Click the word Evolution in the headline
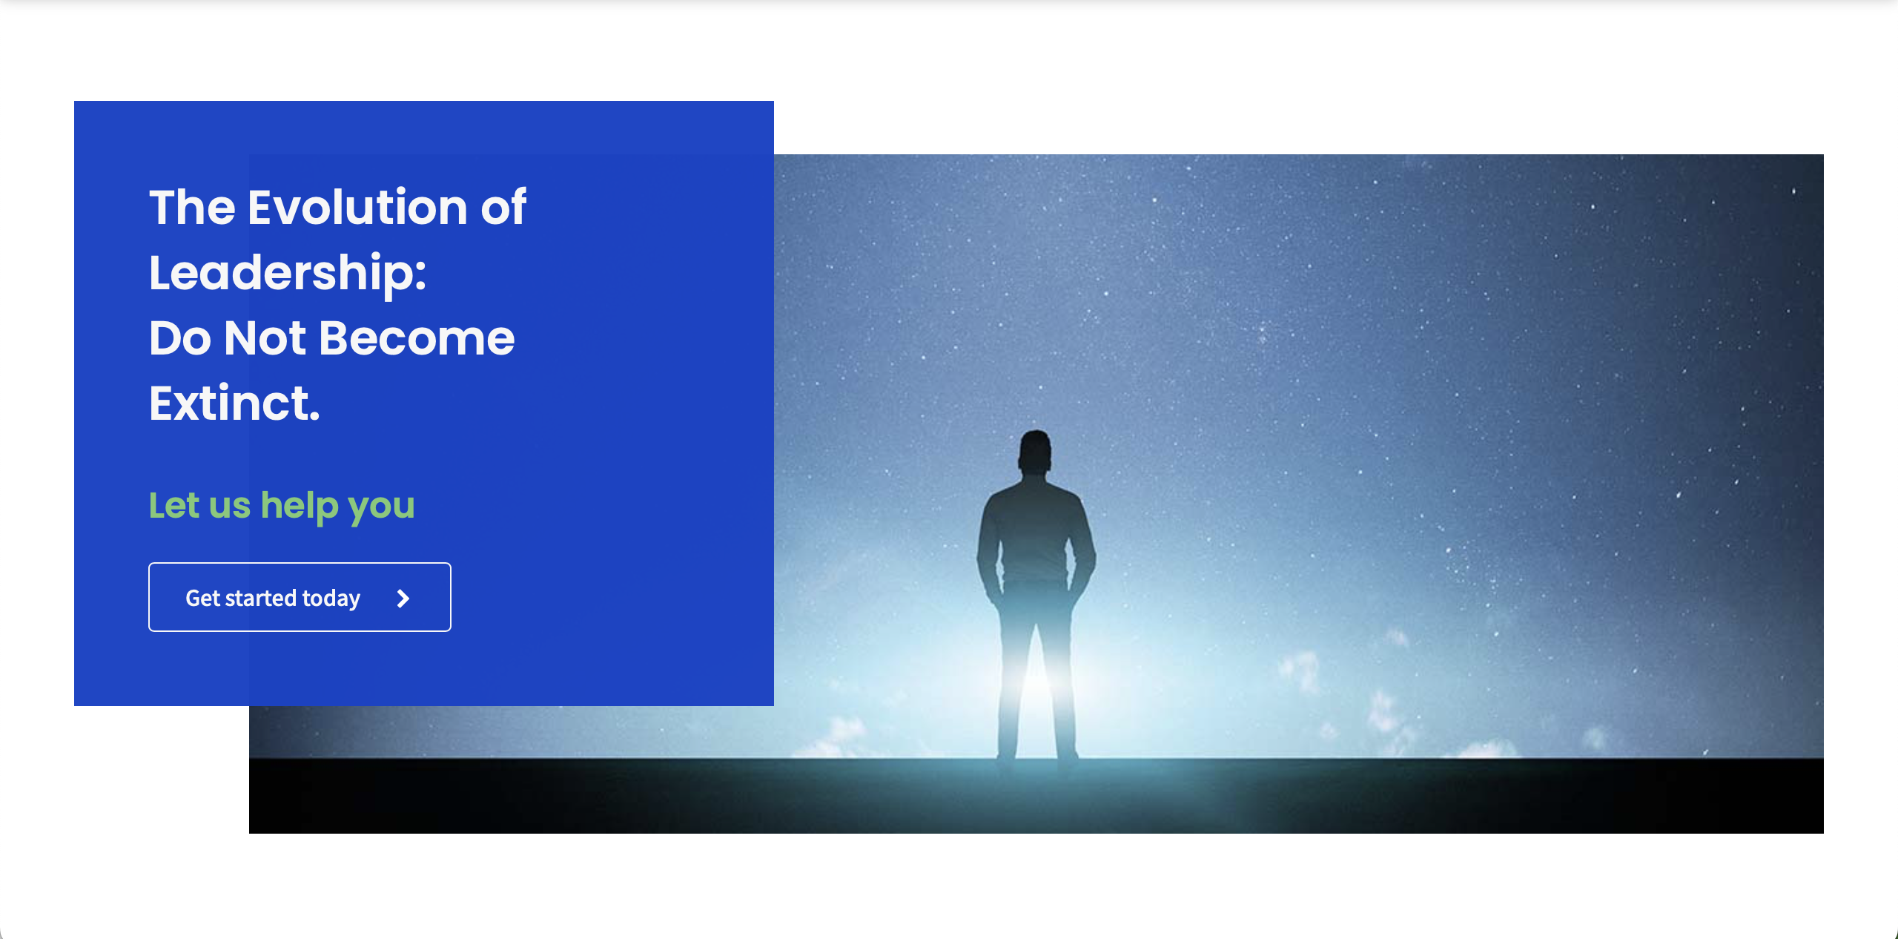click(x=357, y=207)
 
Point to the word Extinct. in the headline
click(x=234, y=403)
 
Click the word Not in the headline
click(x=265, y=338)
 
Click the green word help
click(x=300, y=507)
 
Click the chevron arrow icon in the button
click(x=403, y=599)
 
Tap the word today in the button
click(x=331, y=599)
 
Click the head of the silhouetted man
click(x=1035, y=450)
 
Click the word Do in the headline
click(x=180, y=338)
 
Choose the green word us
click(x=230, y=507)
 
